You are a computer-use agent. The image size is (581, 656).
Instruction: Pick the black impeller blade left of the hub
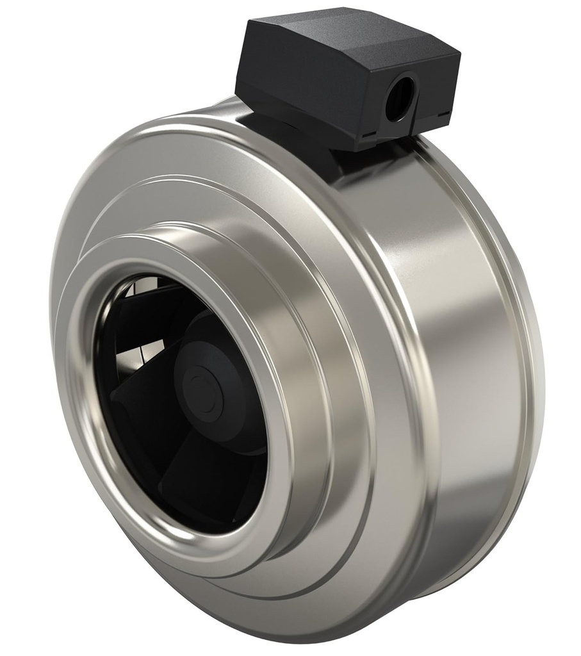coord(138,391)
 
